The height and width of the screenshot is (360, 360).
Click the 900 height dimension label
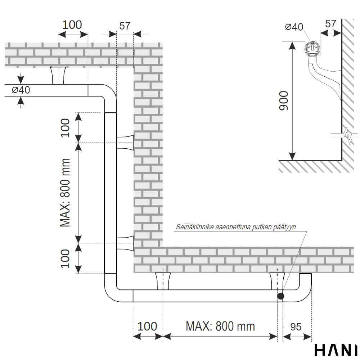[x=284, y=101]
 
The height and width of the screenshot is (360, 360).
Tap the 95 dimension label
[x=296, y=327]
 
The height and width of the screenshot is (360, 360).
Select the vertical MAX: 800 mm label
[x=65, y=193]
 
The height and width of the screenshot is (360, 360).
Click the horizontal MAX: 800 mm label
[x=220, y=326]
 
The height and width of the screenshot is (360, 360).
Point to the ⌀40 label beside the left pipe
[x=21, y=90]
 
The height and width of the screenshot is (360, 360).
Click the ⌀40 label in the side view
[x=294, y=27]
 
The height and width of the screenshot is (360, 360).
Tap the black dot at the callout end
[x=280, y=296]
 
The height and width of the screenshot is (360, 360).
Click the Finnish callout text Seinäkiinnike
[x=235, y=227]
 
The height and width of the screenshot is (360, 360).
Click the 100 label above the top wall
[x=72, y=25]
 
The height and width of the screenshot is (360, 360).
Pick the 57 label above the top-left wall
[x=125, y=26]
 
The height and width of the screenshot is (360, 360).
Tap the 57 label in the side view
[x=330, y=24]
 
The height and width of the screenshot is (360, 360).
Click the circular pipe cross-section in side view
[x=312, y=49]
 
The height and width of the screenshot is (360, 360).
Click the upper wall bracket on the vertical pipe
[x=125, y=142]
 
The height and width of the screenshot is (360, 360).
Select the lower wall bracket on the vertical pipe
[x=125, y=243]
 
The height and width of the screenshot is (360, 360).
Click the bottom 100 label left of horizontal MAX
[x=148, y=327]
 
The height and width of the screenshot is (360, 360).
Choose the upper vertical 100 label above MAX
[x=65, y=128]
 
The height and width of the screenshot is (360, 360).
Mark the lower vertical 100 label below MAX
[x=65, y=258]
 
